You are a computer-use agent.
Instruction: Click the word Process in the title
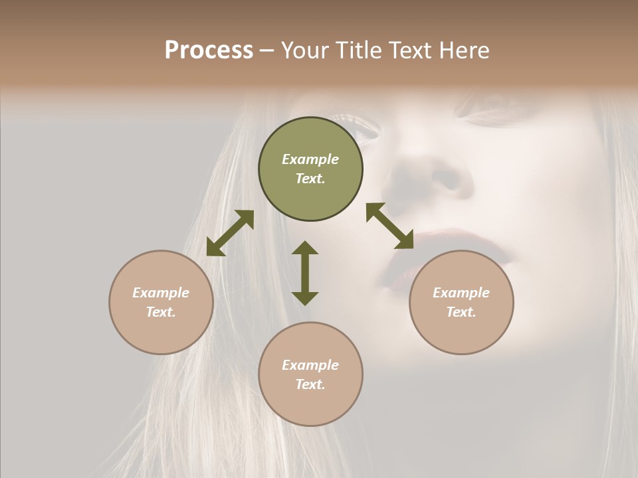coord(209,50)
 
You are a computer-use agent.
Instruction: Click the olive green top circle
coord(310,169)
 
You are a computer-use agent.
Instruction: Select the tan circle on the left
coord(161,302)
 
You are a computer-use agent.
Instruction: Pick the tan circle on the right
coord(461,302)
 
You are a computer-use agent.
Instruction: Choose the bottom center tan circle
coord(310,374)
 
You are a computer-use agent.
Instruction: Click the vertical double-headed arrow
coord(305,273)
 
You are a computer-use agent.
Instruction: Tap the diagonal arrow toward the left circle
coord(230,233)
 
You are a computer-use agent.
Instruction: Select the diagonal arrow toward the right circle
coord(389,226)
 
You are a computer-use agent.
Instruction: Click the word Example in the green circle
coord(310,159)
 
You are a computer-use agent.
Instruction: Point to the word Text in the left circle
coord(161,312)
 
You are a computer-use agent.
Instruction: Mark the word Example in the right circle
coord(461,293)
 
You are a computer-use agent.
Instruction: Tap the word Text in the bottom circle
coord(310,384)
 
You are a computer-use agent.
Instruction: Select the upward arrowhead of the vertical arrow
coord(305,248)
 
